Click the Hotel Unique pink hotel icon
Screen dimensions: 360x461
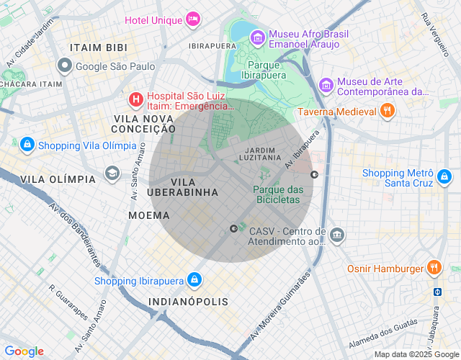[193, 19]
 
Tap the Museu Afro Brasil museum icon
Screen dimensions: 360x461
[256, 36]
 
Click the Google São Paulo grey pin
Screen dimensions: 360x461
[66, 67]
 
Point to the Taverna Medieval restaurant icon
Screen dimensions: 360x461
[388, 111]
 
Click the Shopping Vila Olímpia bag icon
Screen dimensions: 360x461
[27, 145]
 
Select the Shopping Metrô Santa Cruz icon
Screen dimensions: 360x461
[446, 177]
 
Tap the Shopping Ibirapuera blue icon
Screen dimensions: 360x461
[193, 279]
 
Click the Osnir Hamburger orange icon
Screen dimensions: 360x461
[434, 268]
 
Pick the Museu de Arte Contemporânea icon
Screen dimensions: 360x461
[326, 85]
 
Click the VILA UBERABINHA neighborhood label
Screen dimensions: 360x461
[182, 187]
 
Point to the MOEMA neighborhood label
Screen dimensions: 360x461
[149, 215]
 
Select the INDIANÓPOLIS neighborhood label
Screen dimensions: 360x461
[188, 302]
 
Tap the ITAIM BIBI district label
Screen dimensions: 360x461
[99, 48]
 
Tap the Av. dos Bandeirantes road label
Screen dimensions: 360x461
[73, 233]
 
